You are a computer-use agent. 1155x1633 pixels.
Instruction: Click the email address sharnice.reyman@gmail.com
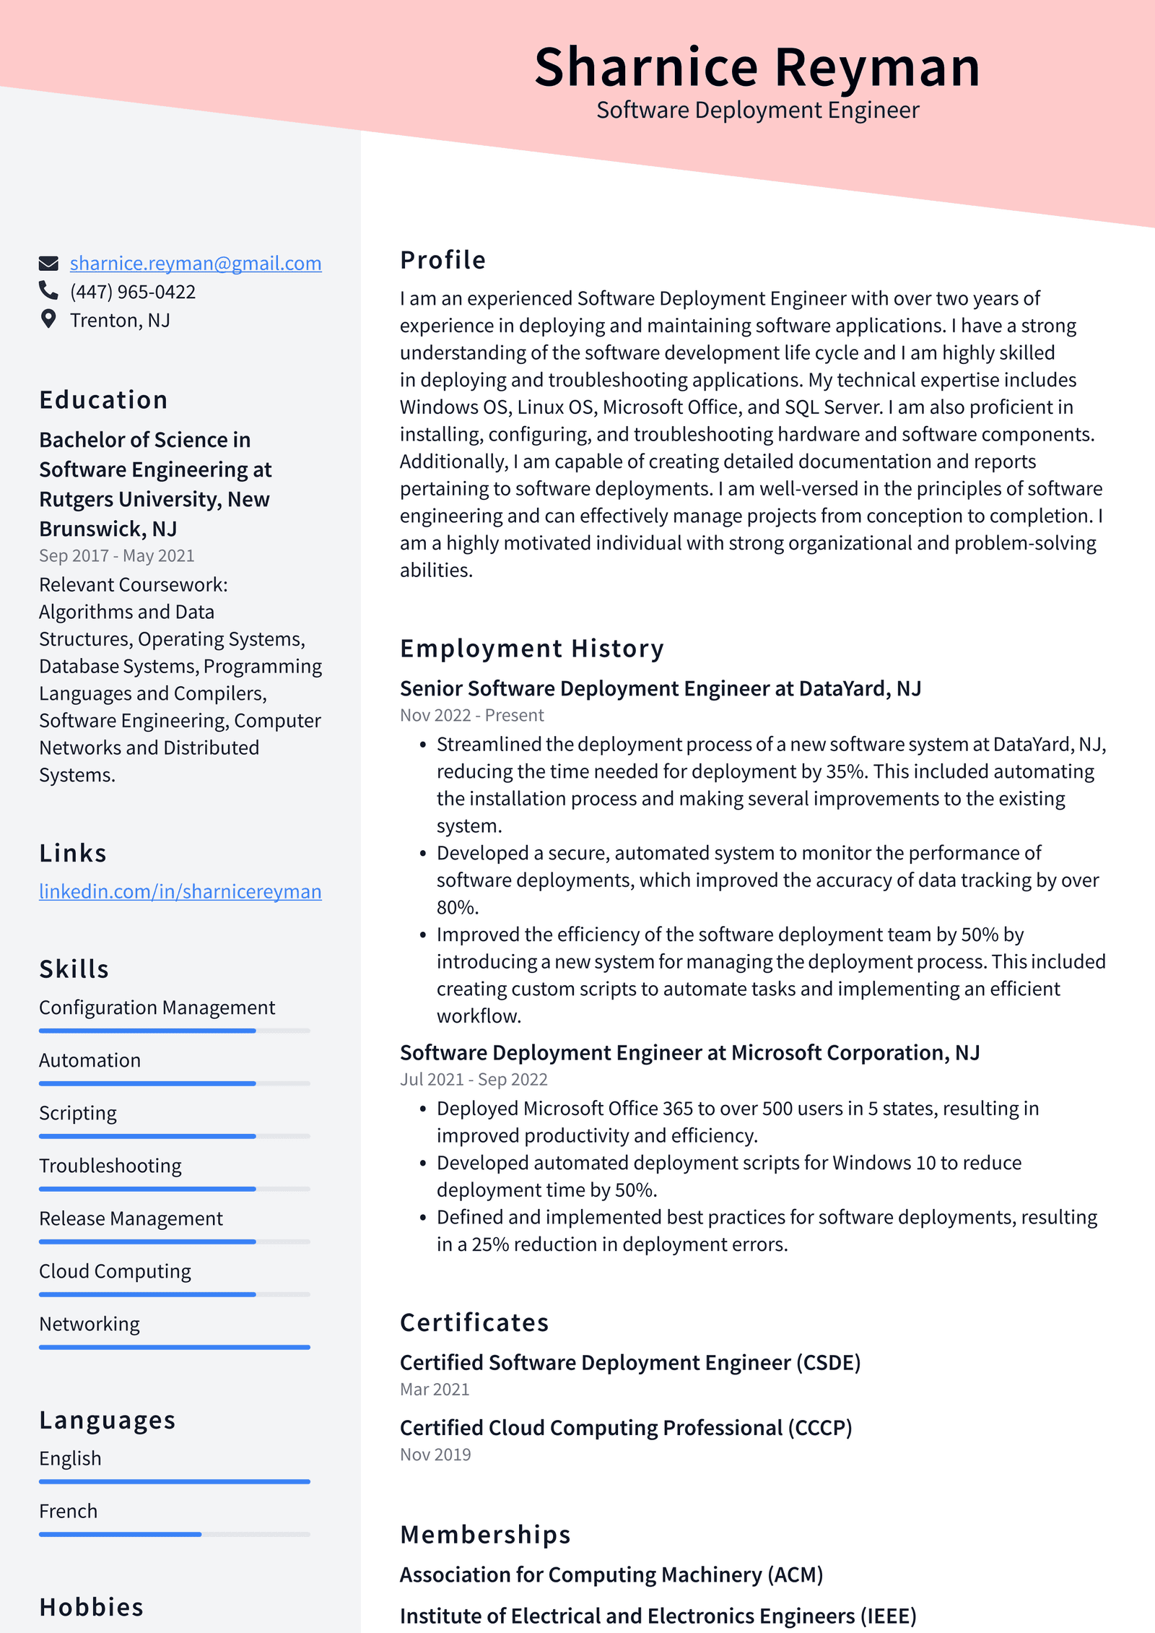click(x=195, y=264)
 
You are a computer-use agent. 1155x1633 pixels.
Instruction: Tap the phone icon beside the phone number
click(x=48, y=290)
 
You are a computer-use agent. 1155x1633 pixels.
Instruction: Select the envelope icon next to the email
click(x=48, y=263)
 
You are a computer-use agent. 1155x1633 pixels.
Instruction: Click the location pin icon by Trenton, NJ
click(x=48, y=319)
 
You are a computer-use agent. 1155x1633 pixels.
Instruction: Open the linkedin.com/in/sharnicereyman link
click(x=180, y=891)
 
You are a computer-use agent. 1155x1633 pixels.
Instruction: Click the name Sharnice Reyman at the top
click(x=757, y=67)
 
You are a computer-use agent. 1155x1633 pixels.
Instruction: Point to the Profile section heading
click(x=443, y=260)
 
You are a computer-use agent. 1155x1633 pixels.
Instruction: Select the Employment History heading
click(x=531, y=649)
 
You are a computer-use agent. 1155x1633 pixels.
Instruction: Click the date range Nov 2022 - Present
click(x=471, y=715)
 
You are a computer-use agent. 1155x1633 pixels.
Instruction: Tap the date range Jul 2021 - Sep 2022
click(x=474, y=1079)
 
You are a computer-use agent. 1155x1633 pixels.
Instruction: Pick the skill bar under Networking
click(x=174, y=1347)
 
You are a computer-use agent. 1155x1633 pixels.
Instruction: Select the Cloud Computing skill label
click(x=115, y=1271)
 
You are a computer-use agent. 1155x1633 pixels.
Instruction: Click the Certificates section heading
click(x=474, y=1322)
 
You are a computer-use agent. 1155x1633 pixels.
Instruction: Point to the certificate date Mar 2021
click(x=435, y=1389)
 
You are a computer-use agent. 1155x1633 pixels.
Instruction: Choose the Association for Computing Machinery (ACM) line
click(x=611, y=1574)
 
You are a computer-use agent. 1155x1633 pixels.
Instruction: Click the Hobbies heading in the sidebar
click(x=91, y=1607)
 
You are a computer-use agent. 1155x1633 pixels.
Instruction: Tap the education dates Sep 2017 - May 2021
click(x=116, y=555)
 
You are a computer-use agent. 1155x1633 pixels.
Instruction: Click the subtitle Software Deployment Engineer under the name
click(x=757, y=111)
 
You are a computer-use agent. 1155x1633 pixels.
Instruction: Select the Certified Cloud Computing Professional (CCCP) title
click(x=625, y=1428)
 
